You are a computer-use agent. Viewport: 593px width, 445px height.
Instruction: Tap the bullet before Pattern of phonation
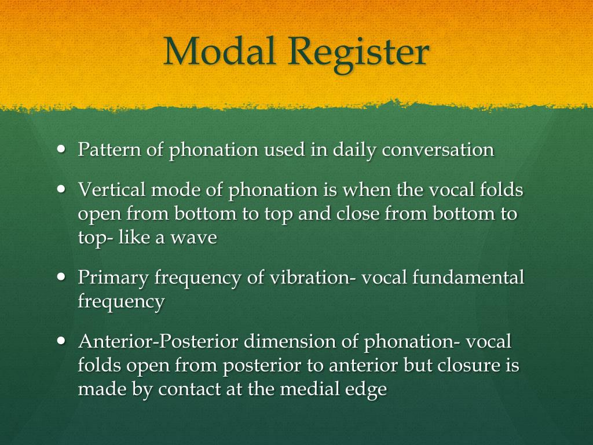[x=63, y=149]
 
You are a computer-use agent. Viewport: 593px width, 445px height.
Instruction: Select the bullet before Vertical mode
[x=63, y=189]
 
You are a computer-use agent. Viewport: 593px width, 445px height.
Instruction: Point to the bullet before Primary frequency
[x=63, y=277]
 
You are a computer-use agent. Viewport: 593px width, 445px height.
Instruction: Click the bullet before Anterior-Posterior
[x=63, y=341]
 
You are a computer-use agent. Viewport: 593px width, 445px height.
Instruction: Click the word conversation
[x=438, y=149]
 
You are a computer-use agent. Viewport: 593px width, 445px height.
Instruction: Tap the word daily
[x=354, y=151]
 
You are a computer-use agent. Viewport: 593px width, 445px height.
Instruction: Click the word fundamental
[x=468, y=278]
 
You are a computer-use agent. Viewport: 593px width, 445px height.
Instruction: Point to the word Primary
[x=114, y=278]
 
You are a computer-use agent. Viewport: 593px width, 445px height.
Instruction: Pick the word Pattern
[x=109, y=149]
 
